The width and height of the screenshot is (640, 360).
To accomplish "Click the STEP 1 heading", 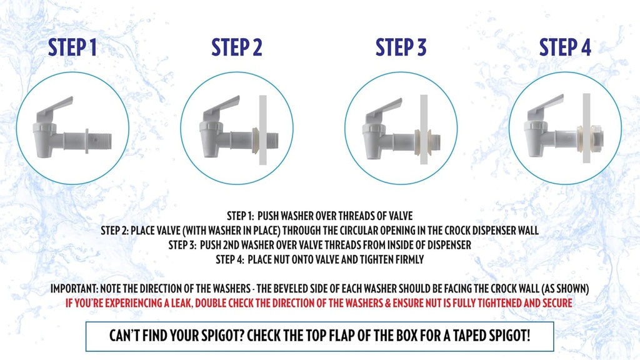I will (72, 47).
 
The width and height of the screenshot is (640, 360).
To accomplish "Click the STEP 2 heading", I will (236, 47).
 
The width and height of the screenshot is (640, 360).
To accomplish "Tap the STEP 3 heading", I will (401, 47).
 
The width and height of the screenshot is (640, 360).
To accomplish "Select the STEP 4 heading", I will (565, 47).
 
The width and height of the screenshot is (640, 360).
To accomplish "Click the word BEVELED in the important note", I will (318, 289).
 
